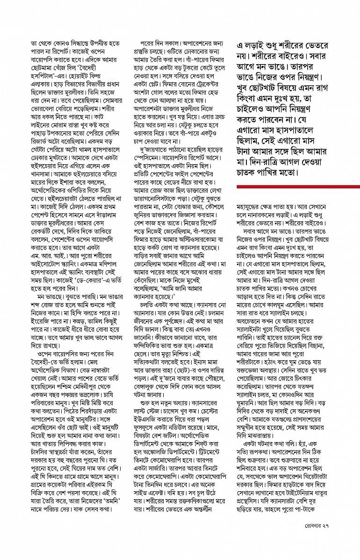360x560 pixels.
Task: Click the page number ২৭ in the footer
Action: coord(350,538)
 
